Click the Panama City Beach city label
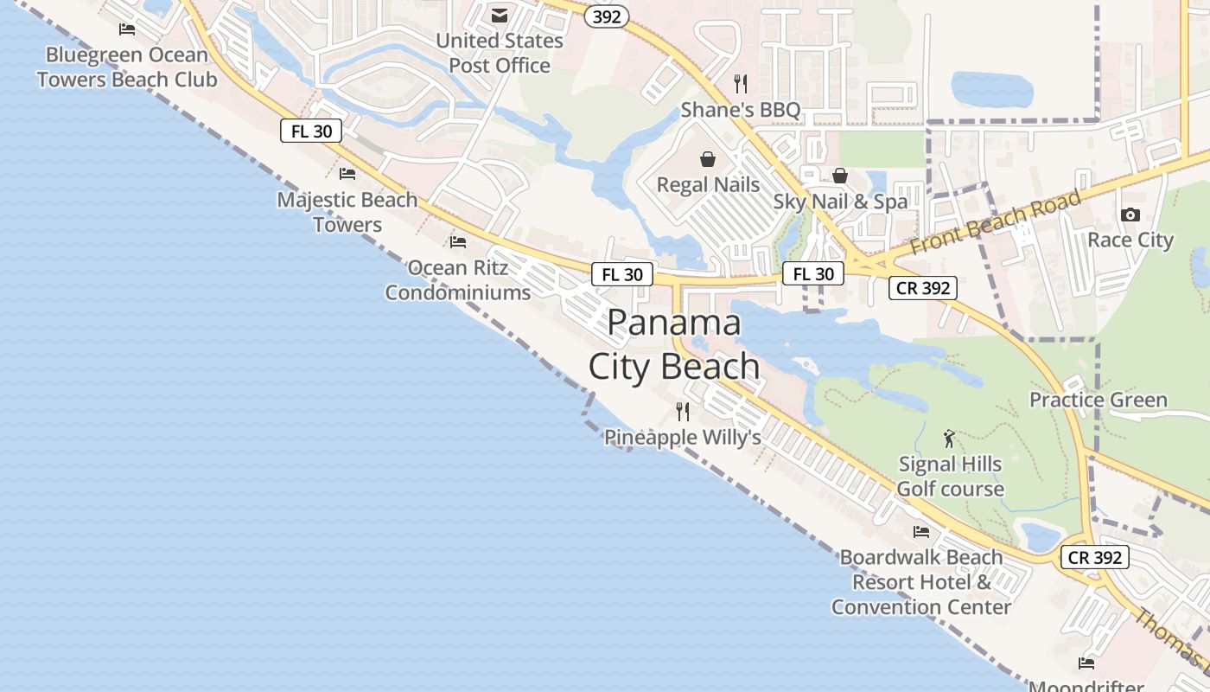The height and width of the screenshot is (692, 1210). [674, 344]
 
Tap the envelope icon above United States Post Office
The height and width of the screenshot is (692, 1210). [500, 15]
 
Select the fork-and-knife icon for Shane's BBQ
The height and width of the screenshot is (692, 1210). [740, 83]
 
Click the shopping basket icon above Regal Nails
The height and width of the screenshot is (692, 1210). [708, 159]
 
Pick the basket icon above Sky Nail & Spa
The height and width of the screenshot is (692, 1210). [839, 176]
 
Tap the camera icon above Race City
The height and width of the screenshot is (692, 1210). [1130, 215]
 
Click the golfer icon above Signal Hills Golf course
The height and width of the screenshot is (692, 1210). [950, 439]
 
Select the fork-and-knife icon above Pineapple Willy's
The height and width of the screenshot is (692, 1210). [683, 411]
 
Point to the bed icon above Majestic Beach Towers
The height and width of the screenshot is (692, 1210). [347, 174]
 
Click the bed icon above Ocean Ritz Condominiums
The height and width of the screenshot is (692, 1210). [458, 242]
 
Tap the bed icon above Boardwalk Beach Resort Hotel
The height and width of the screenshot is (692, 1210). [921, 531]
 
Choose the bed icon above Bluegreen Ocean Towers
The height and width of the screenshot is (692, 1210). [127, 29]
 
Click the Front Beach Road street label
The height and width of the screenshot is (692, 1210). [996, 222]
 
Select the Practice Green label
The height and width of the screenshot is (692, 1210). [1098, 400]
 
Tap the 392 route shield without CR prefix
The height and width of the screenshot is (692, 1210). [607, 16]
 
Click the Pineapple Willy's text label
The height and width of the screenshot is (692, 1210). [682, 438]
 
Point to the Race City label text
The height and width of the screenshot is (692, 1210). [1130, 240]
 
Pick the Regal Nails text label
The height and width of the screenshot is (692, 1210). [708, 184]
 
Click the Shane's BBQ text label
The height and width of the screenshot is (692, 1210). [741, 110]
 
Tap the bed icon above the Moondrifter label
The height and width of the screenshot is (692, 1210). [1086, 663]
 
